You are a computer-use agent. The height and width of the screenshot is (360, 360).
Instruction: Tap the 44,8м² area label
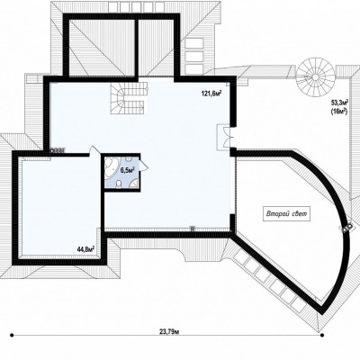[85, 248]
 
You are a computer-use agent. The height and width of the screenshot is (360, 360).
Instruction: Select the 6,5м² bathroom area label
[127, 170]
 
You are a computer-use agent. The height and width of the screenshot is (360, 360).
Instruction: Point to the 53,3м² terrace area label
[339, 103]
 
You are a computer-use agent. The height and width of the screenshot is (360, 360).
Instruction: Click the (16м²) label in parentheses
[339, 112]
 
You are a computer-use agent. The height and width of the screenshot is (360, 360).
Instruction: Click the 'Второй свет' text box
[286, 214]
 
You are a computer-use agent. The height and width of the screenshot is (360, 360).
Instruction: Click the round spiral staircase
[316, 76]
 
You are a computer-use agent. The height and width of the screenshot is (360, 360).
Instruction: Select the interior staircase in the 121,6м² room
[129, 98]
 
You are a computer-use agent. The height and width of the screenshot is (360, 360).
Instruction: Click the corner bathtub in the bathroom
[112, 166]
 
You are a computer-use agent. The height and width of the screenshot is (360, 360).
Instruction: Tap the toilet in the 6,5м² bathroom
[120, 184]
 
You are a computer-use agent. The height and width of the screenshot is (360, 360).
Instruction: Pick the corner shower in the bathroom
[134, 183]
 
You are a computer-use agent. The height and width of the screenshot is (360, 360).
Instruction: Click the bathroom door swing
[143, 165]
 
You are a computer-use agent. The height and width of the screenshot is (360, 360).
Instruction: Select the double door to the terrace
[224, 137]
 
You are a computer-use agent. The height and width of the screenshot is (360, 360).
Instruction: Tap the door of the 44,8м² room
[94, 150]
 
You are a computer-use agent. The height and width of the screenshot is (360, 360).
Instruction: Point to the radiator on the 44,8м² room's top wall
[58, 150]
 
